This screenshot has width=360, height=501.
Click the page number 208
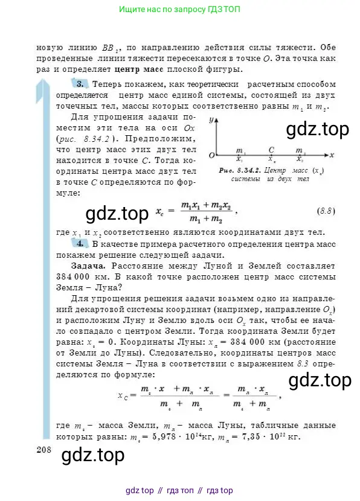[45, 450]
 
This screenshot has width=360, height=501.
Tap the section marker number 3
[80, 83]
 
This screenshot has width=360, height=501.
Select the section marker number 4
[80, 243]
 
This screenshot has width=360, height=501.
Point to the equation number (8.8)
[327, 211]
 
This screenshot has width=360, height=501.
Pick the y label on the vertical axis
[212, 120]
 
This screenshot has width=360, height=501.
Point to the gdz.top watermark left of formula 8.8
[117, 214]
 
